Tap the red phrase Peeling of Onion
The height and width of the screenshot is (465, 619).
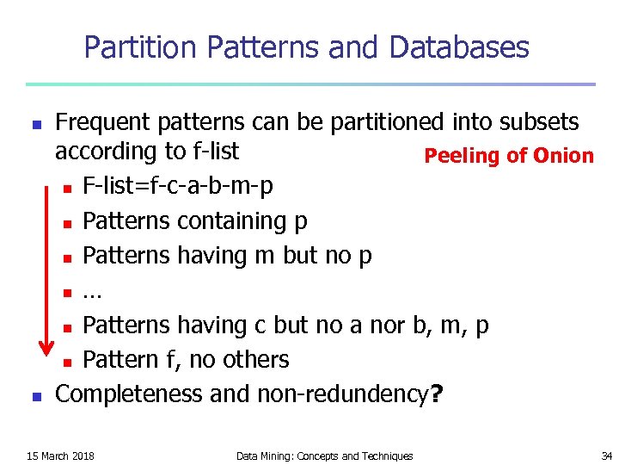coord(509,156)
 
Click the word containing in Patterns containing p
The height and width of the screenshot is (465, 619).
coord(231,221)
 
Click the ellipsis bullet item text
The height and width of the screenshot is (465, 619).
coord(92,291)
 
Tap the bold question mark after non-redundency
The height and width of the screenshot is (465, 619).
coord(437,394)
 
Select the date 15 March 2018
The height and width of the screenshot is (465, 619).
coord(61,456)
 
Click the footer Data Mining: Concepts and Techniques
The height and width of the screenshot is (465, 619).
coord(324,456)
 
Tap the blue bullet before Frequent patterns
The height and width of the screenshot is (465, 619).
coord(36,124)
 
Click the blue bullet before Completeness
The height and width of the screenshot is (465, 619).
coord(36,396)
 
